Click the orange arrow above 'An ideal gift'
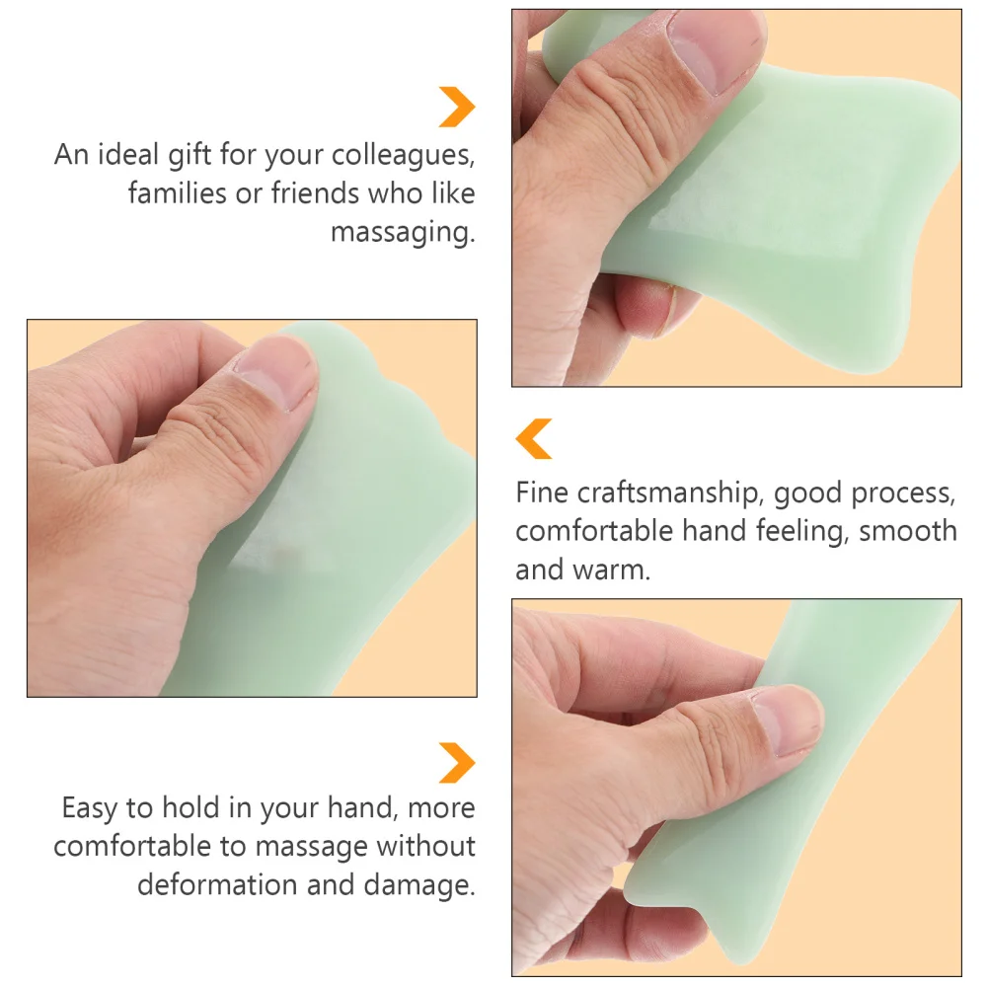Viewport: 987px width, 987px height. coord(457,107)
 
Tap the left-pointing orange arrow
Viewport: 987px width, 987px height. coord(534,438)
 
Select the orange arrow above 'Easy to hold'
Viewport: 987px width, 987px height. coord(457,763)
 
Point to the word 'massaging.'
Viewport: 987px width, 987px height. coord(402,233)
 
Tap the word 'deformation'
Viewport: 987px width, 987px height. coord(216,883)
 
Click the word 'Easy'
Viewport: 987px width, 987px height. coord(95,808)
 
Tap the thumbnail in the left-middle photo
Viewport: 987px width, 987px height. coord(276,370)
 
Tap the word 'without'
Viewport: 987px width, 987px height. coord(426,846)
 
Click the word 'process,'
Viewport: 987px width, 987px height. coord(897,493)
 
